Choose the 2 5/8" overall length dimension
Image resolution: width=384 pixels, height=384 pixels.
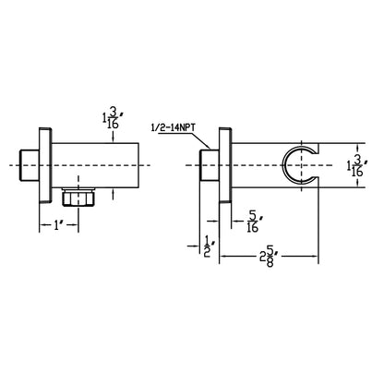click(x=267, y=249)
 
